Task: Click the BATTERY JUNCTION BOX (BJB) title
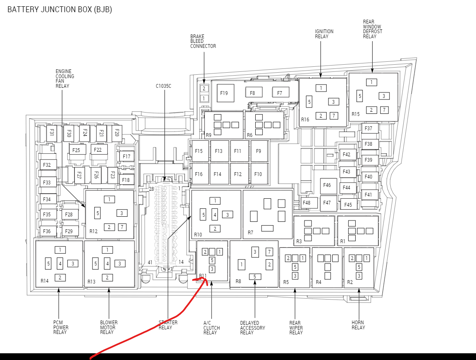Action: point(60,9)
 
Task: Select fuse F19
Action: point(224,93)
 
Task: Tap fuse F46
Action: point(327,185)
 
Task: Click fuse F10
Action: point(258,174)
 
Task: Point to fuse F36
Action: point(47,231)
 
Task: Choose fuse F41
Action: point(368,194)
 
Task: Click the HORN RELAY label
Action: point(358,325)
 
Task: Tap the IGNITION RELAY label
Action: point(324,34)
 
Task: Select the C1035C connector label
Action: point(164,86)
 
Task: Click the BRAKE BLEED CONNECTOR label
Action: point(203,41)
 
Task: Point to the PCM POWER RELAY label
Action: point(61,327)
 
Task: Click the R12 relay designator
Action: point(93,231)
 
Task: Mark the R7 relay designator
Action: point(250,232)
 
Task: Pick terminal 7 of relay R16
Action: point(333,116)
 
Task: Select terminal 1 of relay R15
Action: point(371,82)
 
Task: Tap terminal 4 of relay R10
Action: point(214,214)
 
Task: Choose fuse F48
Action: point(306,203)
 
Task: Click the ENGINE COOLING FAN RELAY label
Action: point(65,79)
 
